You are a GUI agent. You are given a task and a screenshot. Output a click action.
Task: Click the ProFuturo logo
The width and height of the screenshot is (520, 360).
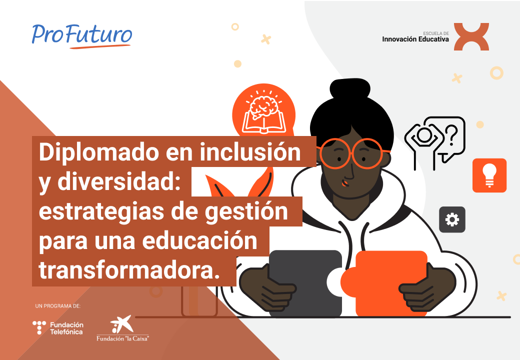pos(82,35)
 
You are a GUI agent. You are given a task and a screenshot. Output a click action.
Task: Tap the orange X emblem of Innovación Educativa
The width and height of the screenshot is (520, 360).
pos(471,36)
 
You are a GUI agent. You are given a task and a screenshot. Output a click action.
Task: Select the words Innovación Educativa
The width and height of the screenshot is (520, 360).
pos(415,39)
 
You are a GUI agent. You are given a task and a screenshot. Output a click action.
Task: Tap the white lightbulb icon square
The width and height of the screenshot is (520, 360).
pos(489,175)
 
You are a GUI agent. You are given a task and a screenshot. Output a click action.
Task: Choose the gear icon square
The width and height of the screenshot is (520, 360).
pos(452,219)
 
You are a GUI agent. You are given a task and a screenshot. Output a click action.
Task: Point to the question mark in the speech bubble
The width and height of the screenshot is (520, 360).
pos(451,135)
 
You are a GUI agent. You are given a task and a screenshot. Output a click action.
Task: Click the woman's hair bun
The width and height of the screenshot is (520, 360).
pos(350,89)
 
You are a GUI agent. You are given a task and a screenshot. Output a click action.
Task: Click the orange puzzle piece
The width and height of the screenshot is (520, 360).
pos(384,283)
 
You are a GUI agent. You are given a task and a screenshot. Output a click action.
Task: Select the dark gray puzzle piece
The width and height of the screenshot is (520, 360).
pos(305,283)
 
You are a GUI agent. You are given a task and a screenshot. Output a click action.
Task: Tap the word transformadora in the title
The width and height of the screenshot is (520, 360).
pos(129,270)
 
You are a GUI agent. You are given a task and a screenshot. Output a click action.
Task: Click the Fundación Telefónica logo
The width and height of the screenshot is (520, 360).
pos(58,328)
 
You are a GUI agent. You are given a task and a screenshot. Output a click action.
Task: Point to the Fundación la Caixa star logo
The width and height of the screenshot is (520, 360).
pos(122,324)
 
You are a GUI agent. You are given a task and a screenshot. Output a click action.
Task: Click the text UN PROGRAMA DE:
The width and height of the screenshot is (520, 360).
pos(58,306)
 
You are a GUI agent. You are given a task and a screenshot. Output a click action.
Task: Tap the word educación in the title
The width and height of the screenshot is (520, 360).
pos(199,240)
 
